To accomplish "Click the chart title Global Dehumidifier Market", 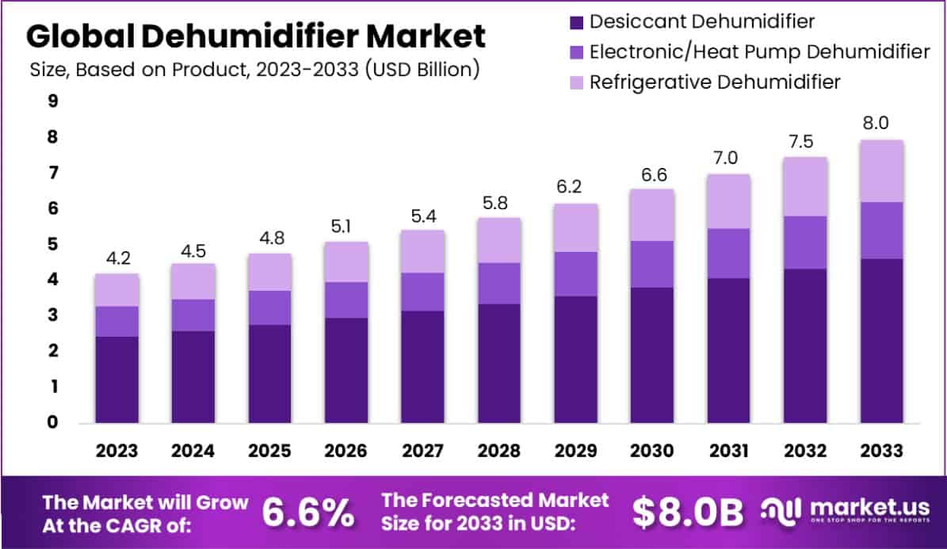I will [x=256, y=36].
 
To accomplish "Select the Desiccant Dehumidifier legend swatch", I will [x=576, y=21].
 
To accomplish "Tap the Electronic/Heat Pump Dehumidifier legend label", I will [x=760, y=51].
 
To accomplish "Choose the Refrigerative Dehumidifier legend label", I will [x=715, y=82].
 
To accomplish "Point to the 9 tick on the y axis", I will [x=52, y=101].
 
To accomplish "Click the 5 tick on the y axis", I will [x=52, y=244].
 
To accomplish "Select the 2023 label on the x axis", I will [x=116, y=451].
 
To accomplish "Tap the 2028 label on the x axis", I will [x=499, y=451].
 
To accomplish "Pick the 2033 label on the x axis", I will [x=881, y=451].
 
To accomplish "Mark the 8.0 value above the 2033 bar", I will [x=881, y=123].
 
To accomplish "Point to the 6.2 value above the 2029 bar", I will [x=575, y=187].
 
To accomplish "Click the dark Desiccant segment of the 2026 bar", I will [x=346, y=370].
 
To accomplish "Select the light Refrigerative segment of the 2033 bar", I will [x=881, y=171].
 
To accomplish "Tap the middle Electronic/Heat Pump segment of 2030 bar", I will [x=652, y=264].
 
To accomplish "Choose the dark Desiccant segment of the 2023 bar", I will [x=116, y=379].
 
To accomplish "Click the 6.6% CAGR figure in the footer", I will [x=307, y=513].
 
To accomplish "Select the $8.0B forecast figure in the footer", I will [x=688, y=513].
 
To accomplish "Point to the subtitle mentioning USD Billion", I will [x=254, y=69].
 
